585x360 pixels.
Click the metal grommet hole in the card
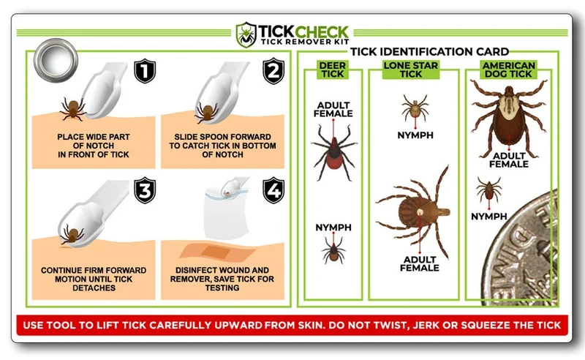click(56, 60)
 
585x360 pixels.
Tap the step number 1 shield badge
click(145, 70)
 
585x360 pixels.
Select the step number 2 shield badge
click(273, 70)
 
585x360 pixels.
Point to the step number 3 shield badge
click(145, 190)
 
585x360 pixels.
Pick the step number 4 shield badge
click(273, 190)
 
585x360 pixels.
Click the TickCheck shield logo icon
click(246, 34)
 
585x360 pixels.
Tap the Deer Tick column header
click(333, 70)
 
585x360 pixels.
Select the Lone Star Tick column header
click(411, 70)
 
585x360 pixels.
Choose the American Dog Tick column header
click(508, 70)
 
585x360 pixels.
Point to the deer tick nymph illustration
click(333, 248)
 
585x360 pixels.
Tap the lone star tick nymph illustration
click(414, 108)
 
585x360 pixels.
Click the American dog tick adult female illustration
click(509, 114)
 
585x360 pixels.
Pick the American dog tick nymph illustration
click(488, 191)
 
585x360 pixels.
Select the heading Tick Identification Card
click(430, 51)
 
